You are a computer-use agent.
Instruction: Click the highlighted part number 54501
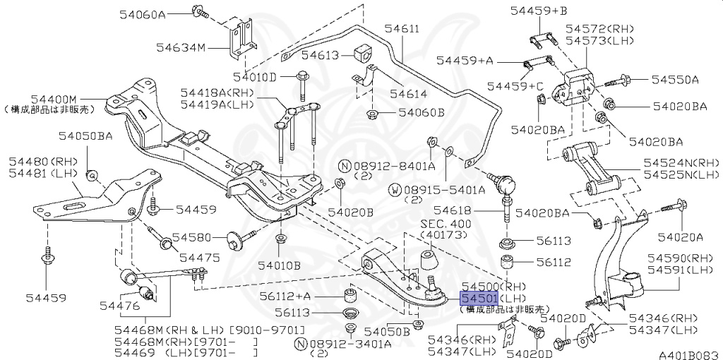click(479, 299)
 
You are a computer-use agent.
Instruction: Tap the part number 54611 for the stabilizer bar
click(402, 29)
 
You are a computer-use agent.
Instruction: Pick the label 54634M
click(181, 48)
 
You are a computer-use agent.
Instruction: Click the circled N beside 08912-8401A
click(345, 166)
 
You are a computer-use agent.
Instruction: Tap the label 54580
click(196, 237)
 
